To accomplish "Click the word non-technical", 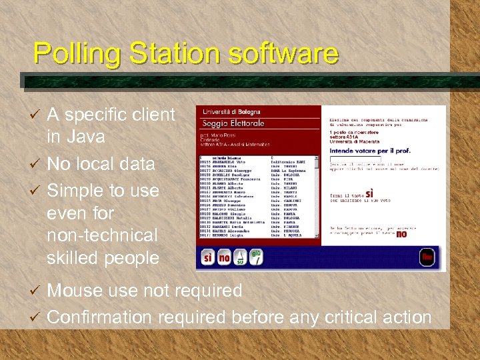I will click(102, 235).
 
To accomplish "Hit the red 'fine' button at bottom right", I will click(427, 257).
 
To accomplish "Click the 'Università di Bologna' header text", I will click(231, 112).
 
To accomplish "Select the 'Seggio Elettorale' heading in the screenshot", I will click(234, 124).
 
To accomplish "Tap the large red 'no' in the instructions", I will click(401, 233).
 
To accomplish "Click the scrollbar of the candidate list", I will click(317, 197).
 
